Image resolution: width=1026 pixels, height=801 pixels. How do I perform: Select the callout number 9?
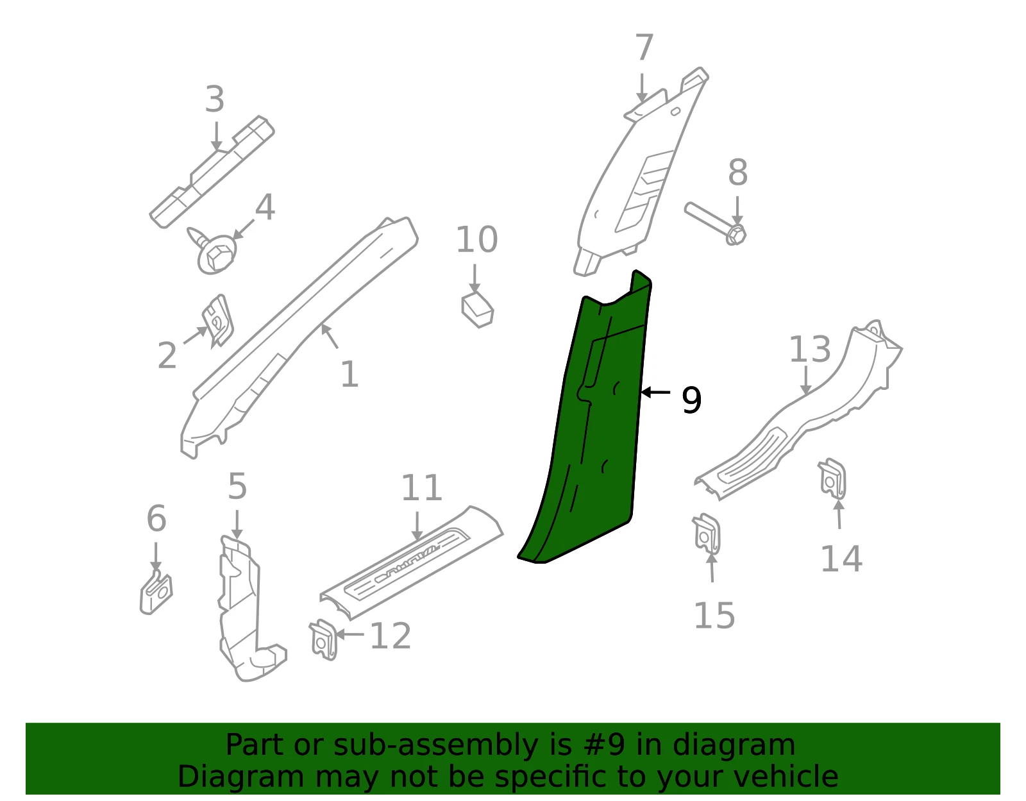click(x=691, y=400)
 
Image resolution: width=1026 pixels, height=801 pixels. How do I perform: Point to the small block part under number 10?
click(x=477, y=310)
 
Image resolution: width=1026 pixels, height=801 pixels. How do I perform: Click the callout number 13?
click(x=810, y=349)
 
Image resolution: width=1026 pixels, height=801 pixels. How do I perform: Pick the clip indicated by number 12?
click(x=323, y=639)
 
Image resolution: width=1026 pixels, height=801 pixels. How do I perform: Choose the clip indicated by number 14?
click(x=832, y=478)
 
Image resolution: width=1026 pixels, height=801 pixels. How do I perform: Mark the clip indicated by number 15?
click(x=707, y=534)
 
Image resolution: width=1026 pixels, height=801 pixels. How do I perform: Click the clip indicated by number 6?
click(x=156, y=592)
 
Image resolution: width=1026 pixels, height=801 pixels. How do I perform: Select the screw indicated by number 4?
click(x=212, y=250)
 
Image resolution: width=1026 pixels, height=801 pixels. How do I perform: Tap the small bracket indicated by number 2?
click(x=217, y=320)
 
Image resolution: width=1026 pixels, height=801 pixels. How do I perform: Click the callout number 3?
click(x=215, y=99)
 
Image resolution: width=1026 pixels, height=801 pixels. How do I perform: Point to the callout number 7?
click(x=644, y=47)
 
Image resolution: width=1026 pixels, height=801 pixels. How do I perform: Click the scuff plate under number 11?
click(x=411, y=562)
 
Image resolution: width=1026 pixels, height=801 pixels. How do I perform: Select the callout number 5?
click(x=237, y=486)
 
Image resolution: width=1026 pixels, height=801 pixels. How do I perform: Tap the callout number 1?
click(x=349, y=375)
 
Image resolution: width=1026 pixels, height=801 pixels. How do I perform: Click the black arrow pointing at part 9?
click(x=655, y=392)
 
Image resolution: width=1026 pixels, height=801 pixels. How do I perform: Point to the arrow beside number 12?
click(x=350, y=634)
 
